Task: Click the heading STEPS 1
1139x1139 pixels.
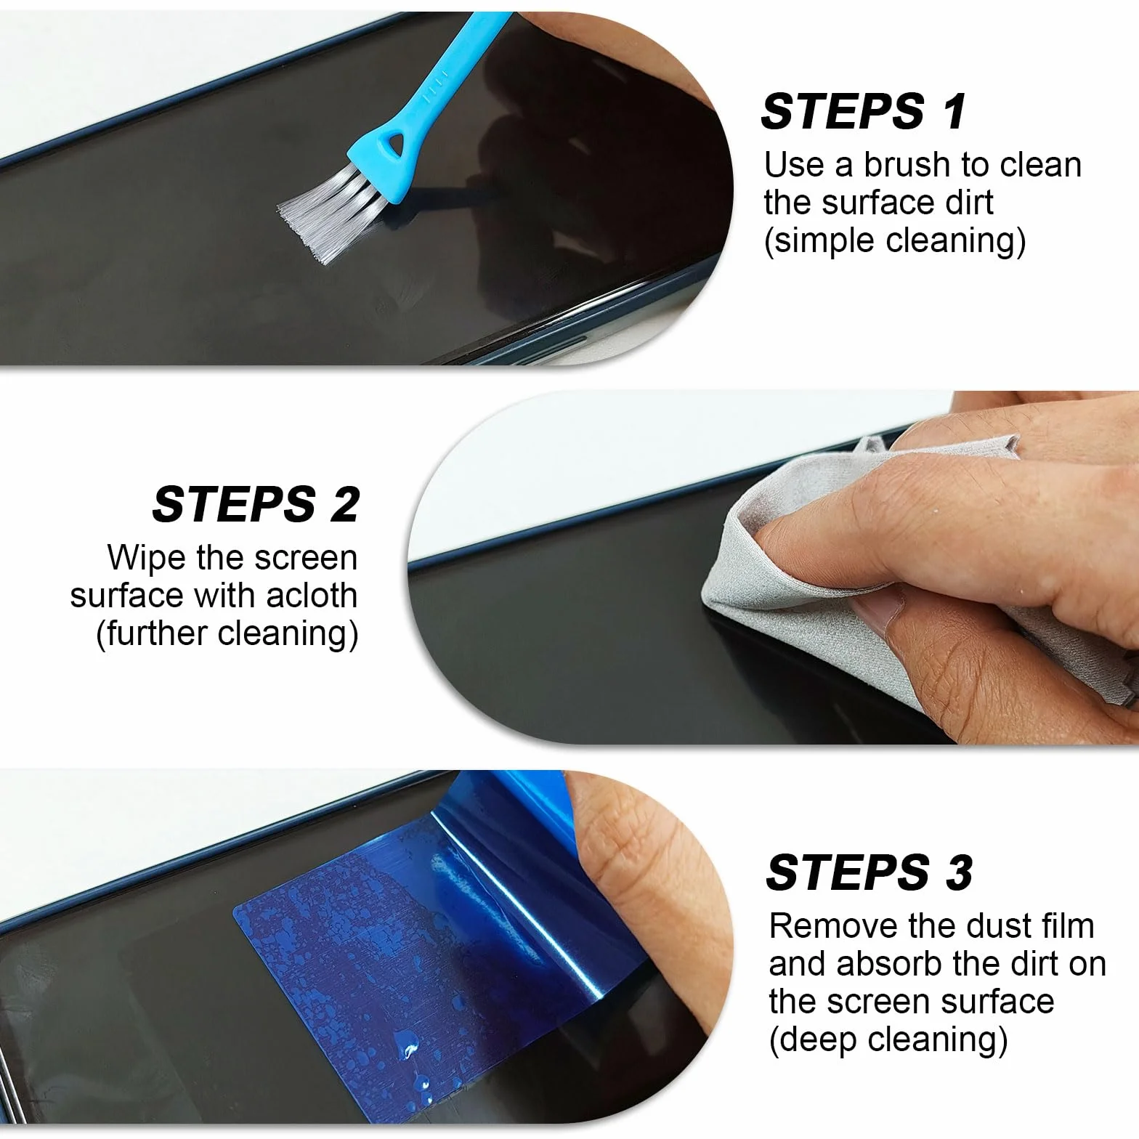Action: tap(864, 111)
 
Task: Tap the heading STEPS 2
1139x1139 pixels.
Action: tap(256, 503)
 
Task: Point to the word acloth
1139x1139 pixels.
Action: tap(312, 596)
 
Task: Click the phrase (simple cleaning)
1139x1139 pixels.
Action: tap(895, 240)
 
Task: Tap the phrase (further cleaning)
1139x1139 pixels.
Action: tap(227, 633)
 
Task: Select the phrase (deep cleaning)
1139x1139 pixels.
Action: tap(888, 1039)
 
